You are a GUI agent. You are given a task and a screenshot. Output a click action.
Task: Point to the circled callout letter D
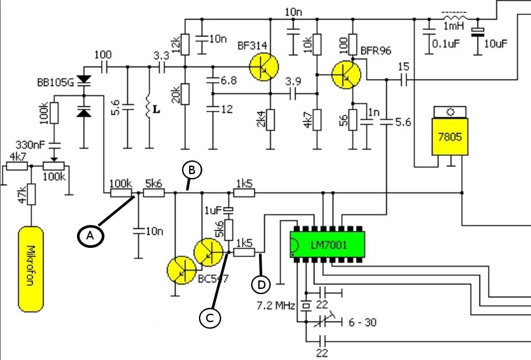click(x=262, y=284)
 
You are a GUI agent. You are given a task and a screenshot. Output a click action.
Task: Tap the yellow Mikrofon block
click(x=29, y=267)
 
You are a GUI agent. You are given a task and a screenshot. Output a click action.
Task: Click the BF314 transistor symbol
click(x=264, y=67)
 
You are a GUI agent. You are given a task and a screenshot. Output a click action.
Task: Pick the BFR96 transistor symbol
click(x=346, y=74)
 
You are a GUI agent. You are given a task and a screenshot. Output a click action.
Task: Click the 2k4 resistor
click(x=270, y=119)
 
